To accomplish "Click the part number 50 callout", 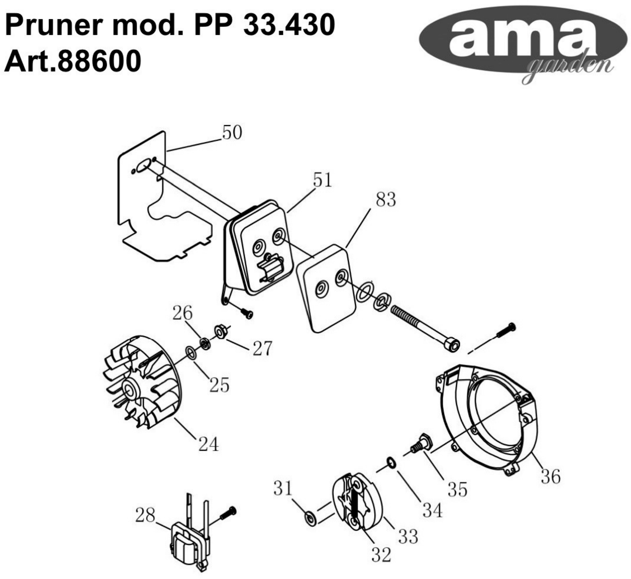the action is click(x=232, y=133).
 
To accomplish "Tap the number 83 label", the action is click(x=386, y=200).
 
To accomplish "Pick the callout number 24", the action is click(x=208, y=444).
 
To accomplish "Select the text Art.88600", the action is click(x=73, y=61).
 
